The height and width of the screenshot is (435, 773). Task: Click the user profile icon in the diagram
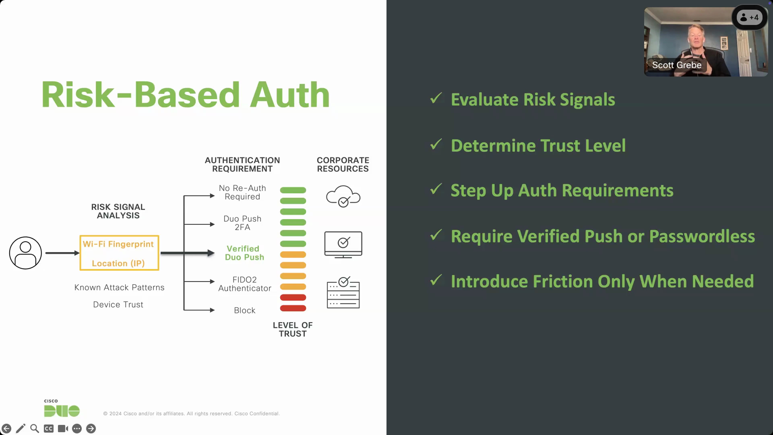tap(26, 253)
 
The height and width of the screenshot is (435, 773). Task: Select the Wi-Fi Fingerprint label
tap(118, 244)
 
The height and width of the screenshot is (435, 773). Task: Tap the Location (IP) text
tap(118, 263)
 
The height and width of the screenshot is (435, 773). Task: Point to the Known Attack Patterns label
tap(119, 287)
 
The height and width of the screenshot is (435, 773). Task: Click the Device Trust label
tap(118, 304)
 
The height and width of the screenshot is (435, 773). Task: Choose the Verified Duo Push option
tap(244, 253)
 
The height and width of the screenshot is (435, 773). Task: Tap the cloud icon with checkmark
tap(343, 196)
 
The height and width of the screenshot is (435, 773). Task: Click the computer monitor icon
tap(343, 244)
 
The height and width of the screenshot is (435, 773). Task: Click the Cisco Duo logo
tap(62, 409)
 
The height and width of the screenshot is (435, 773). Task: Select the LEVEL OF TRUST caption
tap(292, 329)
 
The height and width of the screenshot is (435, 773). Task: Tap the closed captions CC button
tap(49, 428)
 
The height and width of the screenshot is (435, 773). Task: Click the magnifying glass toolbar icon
tap(34, 428)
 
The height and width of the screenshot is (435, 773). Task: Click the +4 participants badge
tap(749, 17)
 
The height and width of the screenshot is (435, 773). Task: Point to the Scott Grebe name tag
tap(677, 65)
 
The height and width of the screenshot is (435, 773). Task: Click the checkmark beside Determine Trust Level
tap(436, 145)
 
